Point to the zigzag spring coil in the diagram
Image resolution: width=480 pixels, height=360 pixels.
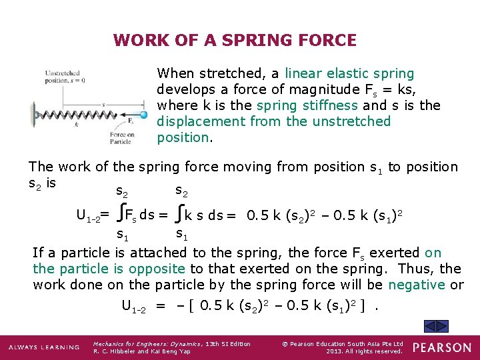80,115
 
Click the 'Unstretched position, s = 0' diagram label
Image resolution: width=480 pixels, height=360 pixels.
65,76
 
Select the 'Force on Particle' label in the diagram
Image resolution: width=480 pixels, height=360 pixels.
122,139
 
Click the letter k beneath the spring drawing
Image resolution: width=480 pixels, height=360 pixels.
77,125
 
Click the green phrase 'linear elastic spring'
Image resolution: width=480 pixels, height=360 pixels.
349,73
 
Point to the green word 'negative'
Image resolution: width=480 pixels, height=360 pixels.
417,285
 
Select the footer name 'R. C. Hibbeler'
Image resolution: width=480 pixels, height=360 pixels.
115,351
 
